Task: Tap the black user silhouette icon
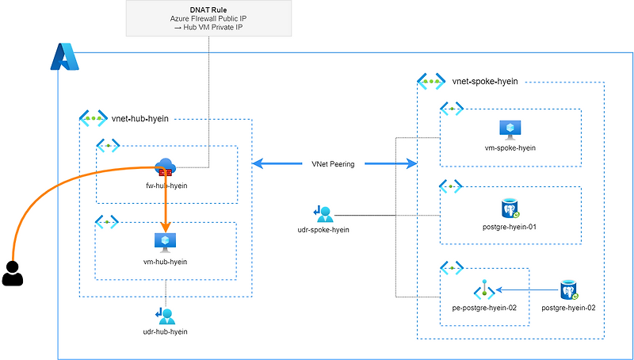tap(12, 273)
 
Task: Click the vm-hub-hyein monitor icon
tap(166, 242)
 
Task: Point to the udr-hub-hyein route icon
tap(166, 315)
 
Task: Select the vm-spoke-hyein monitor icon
tap(509, 130)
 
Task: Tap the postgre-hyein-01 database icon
tap(510, 209)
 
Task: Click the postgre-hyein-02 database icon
tap(568, 290)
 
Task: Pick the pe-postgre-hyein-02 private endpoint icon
tap(484, 290)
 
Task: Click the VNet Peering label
tap(333, 164)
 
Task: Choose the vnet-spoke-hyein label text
tap(485, 81)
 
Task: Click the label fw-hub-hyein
tap(166, 186)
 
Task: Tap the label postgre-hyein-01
tap(510, 228)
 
